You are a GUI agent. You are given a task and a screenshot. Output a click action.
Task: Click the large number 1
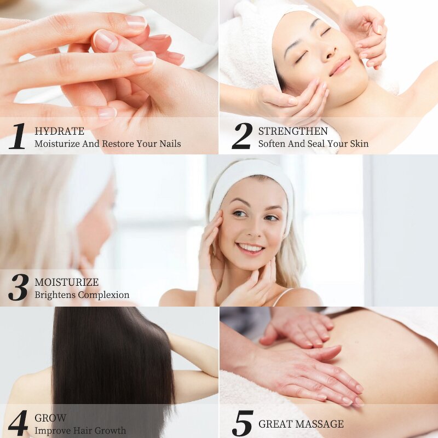(17, 136)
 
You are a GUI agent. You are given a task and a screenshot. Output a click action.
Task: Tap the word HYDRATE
(59, 131)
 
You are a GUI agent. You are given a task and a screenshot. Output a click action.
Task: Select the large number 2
(241, 136)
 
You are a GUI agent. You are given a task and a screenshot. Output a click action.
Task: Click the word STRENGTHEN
(293, 131)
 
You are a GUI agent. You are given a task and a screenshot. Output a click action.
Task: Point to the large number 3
(18, 287)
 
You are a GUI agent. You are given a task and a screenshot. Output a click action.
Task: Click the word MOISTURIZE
(67, 283)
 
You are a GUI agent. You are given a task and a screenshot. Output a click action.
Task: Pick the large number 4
(18, 423)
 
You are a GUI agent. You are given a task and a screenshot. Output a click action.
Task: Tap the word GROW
(50, 418)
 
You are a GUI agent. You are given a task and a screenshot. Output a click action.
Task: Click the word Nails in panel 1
(169, 144)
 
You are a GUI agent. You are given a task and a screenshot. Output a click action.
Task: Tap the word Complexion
(103, 295)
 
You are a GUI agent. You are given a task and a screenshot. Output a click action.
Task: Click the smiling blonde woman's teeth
(251, 248)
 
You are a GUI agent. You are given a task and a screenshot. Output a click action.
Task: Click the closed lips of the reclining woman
(341, 66)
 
